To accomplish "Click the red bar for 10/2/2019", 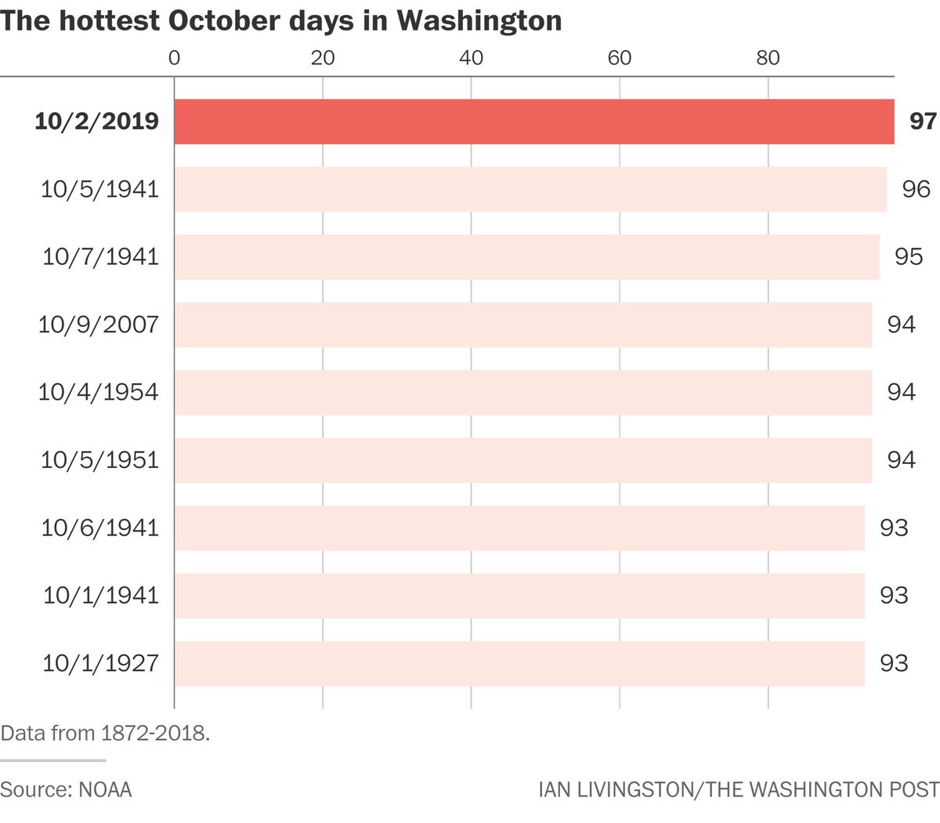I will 533,121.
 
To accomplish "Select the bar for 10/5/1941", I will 530,189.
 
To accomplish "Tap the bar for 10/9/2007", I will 522,324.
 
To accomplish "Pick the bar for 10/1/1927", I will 519,663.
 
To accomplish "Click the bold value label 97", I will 923,121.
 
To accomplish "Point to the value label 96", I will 916,189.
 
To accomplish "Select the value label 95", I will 908,257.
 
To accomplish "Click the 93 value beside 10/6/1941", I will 893,528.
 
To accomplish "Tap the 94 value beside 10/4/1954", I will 901,392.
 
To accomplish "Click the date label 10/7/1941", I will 100,257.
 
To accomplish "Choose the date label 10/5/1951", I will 99,460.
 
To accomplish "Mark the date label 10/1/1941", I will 100,596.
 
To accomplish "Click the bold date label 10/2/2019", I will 96,121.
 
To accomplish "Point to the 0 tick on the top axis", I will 174,58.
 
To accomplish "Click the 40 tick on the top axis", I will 471,58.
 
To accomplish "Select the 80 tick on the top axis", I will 768,58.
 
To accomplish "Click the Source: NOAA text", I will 66,789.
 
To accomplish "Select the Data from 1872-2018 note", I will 105,734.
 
